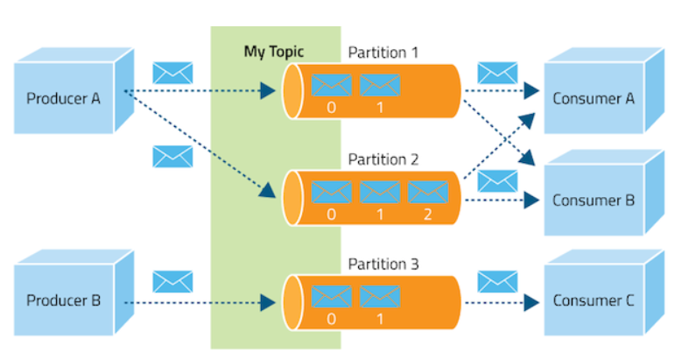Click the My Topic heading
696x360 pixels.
(273, 52)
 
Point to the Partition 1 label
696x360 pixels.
(383, 53)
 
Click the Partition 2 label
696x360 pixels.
(383, 159)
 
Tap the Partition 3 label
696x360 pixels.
(383, 264)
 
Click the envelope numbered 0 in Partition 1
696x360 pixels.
(332, 85)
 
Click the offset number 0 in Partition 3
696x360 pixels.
(332, 318)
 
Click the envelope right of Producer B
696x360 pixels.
(172, 281)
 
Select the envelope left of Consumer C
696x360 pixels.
(497, 281)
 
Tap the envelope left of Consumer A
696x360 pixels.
(497, 73)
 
